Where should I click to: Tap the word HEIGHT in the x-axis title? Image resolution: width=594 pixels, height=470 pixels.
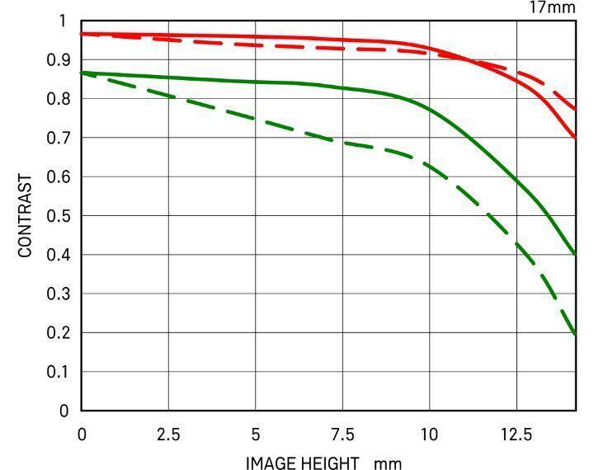[330, 463]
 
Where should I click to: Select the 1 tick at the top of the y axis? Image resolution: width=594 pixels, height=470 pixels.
[63, 21]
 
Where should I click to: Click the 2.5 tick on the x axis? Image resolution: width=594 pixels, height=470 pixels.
[168, 434]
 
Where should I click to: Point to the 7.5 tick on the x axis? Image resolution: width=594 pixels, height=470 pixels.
[342, 434]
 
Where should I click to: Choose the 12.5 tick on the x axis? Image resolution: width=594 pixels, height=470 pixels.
[516, 434]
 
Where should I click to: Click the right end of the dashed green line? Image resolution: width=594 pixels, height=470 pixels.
[575, 334]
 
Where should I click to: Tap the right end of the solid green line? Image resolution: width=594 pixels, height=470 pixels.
[575, 254]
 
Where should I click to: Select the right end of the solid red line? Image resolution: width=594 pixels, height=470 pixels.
[575, 137]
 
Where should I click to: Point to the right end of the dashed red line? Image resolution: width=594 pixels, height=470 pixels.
[575, 109]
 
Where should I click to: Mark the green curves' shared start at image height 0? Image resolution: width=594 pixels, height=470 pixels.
[82, 73]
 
